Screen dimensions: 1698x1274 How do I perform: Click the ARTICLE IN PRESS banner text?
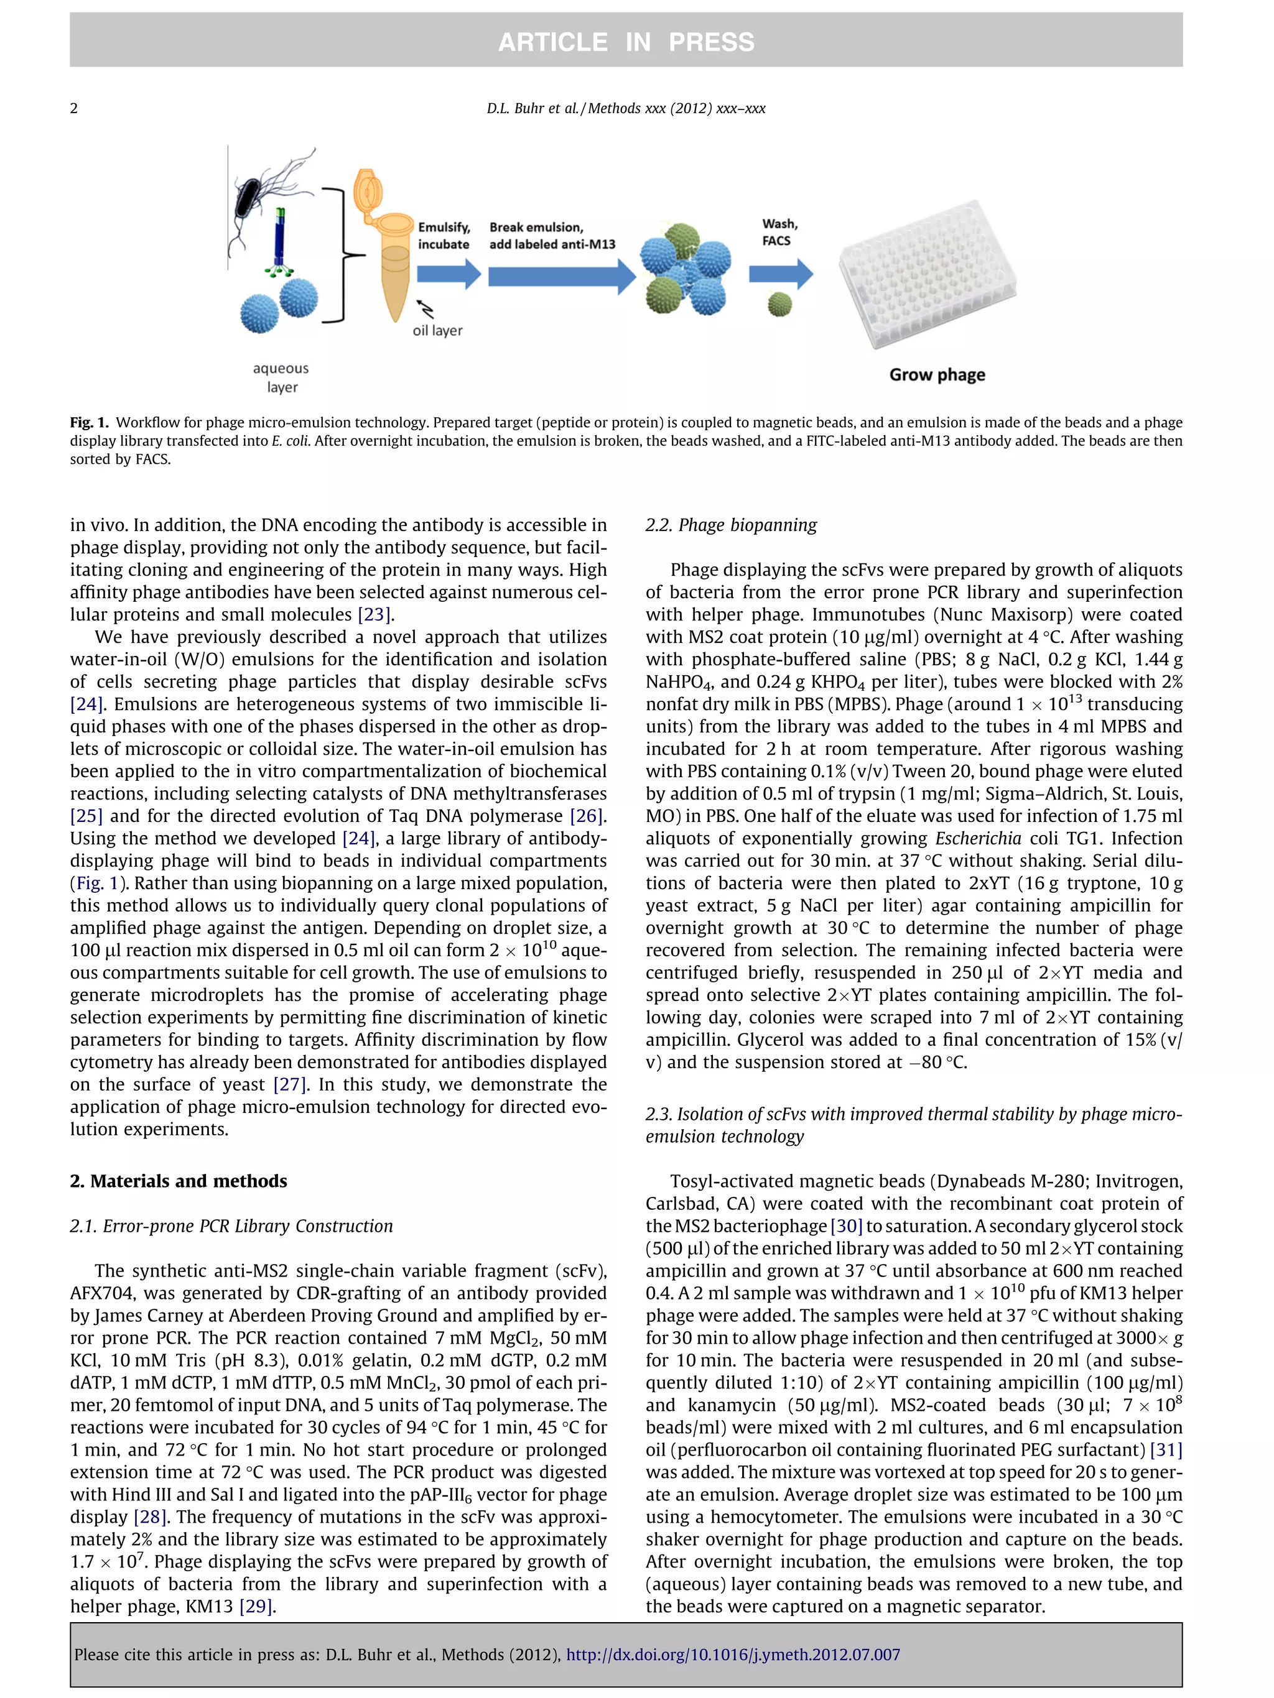click(x=626, y=42)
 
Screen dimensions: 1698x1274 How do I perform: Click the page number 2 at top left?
click(x=74, y=108)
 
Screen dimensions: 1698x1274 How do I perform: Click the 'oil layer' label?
click(x=438, y=331)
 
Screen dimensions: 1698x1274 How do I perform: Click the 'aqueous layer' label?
click(x=281, y=377)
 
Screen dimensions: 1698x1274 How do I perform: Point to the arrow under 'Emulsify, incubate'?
click(x=449, y=274)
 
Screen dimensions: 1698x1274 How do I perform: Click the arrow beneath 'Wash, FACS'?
click(x=780, y=274)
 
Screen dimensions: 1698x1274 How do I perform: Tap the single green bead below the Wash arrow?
click(x=779, y=305)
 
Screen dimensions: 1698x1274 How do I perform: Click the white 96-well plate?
click(x=928, y=272)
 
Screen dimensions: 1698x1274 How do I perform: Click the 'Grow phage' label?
click(x=937, y=374)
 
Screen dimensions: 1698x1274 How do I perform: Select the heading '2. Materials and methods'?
click(x=178, y=1181)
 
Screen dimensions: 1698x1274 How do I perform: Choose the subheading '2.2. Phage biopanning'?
click(x=730, y=525)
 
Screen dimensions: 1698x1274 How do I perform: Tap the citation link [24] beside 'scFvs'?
click(x=86, y=704)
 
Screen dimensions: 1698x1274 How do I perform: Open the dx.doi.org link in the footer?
click(x=733, y=1654)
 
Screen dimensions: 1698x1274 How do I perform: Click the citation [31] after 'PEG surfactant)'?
click(x=1165, y=1450)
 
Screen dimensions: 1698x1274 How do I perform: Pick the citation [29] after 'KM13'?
click(x=256, y=1607)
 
